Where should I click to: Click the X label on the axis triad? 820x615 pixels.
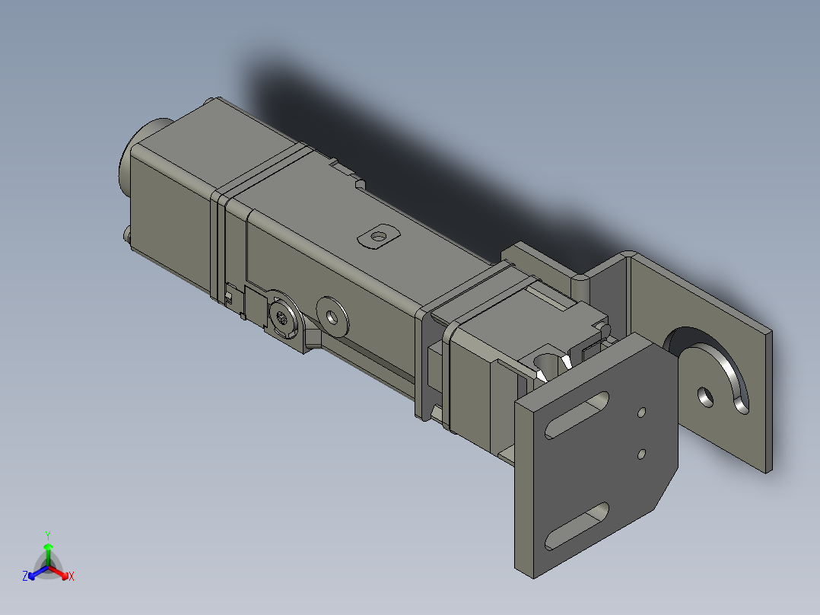tap(72, 577)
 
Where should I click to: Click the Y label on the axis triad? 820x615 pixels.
tap(47, 535)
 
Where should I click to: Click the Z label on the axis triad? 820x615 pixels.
tap(25, 577)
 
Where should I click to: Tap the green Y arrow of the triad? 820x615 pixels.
tap(48, 551)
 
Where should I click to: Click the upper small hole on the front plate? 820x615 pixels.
tap(642, 413)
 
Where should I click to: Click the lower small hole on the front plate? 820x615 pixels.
tap(642, 454)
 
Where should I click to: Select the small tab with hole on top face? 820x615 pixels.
tap(378, 236)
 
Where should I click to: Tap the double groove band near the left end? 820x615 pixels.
tap(220, 236)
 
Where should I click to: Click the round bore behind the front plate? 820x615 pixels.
tap(545, 359)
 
